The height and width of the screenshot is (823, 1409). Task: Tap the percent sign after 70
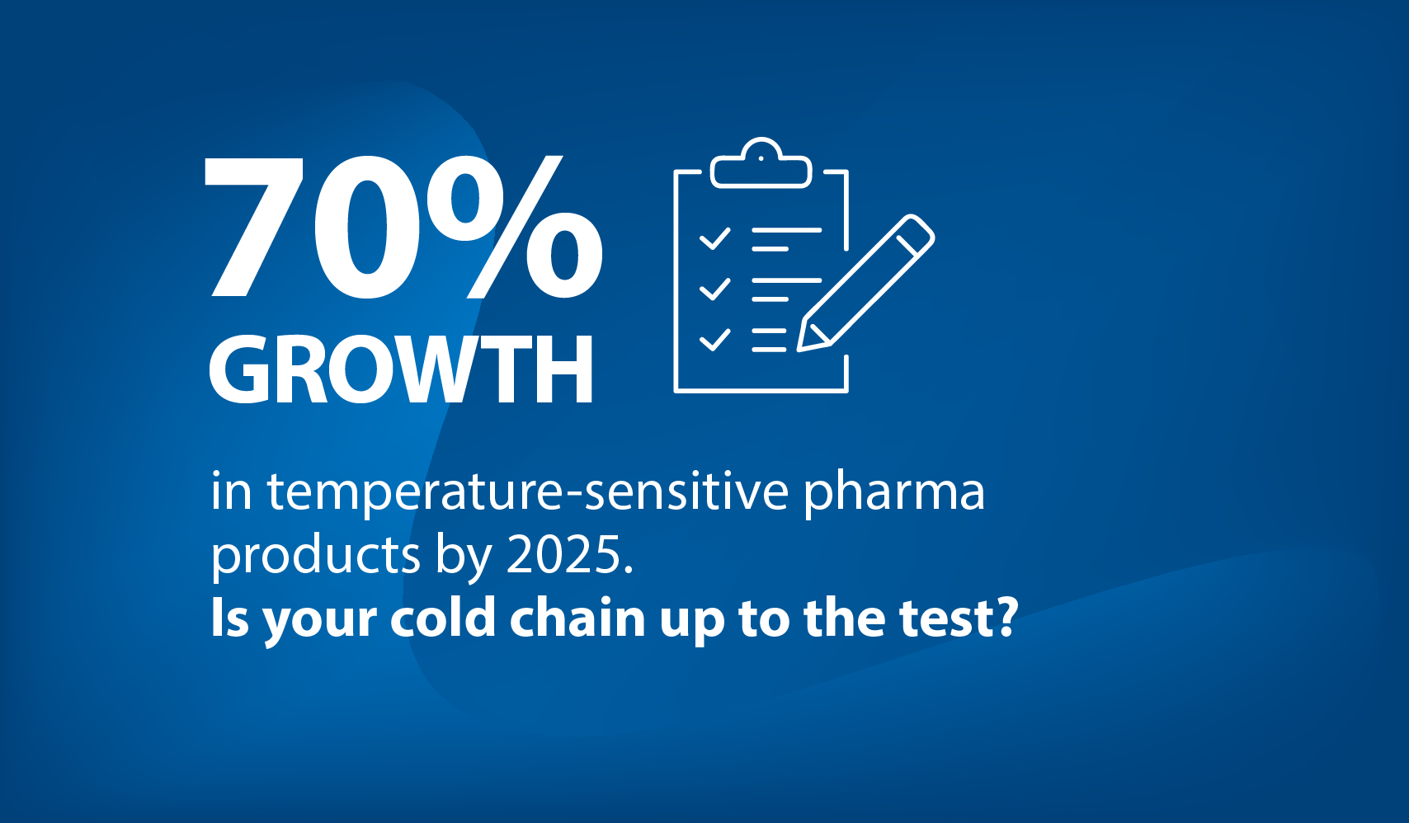pos(515,226)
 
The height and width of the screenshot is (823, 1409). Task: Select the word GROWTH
pos(401,369)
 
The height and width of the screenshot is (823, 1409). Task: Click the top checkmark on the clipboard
pos(715,239)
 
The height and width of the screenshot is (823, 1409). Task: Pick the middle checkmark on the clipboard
pos(715,289)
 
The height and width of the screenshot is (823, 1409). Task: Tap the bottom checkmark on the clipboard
pos(715,340)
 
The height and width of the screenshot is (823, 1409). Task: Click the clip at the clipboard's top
pos(761,162)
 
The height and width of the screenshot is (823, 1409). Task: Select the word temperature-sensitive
pos(528,492)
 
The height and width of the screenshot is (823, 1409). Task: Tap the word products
pos(315,557)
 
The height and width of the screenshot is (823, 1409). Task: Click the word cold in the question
pos(443,618)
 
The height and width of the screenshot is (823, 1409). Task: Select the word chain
pos(577,618)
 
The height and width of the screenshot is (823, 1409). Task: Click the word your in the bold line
pos(319,623)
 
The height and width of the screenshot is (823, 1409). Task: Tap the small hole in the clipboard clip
pos(761,158)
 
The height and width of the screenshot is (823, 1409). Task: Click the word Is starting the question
pos(229,618)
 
